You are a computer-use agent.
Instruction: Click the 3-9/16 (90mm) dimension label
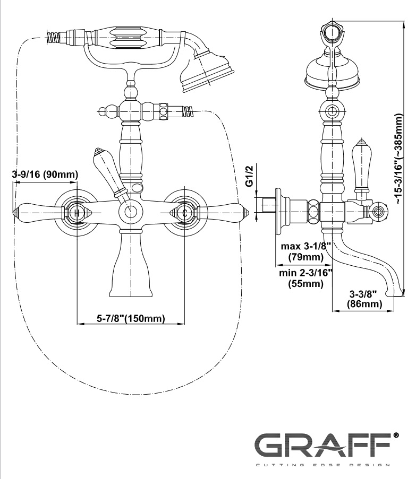45,174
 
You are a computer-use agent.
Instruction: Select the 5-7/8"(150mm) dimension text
131,318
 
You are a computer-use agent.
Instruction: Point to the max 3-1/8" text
306,247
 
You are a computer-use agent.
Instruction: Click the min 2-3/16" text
305,273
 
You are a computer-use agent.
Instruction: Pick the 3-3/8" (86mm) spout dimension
364,299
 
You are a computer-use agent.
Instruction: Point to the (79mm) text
306,257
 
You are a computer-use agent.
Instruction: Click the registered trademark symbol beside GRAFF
396,435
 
